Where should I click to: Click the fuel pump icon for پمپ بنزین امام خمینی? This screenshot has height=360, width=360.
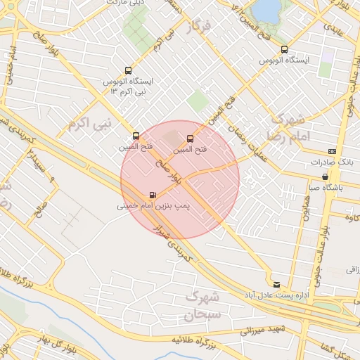point(153,195)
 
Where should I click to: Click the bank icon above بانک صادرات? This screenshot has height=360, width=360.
point(331,151)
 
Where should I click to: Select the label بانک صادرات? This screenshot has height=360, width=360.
point(331,162)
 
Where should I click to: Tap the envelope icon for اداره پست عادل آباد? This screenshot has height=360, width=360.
point(276,284)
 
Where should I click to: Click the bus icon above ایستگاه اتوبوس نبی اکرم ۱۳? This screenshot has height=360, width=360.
point(127,70)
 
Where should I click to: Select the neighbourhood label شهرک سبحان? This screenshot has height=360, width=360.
point(202,306)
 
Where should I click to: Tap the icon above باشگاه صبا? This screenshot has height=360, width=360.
point(325,176)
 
